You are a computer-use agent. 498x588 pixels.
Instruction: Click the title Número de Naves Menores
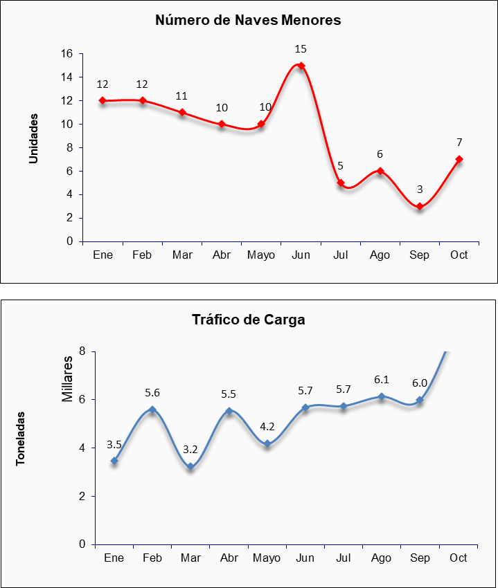pos(248,20)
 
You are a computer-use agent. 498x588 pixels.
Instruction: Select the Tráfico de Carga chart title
pos(248,320)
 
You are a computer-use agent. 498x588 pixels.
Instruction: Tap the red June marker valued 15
pos(301,66)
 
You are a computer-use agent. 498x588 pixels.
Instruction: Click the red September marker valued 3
pos(420,206)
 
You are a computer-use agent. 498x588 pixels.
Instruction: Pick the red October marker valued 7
pos(459,159)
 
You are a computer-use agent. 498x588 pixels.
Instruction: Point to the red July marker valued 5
pos(341,183)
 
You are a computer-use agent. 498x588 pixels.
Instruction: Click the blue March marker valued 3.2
pos(190,467)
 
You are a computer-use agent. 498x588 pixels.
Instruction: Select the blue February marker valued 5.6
pos(152,410)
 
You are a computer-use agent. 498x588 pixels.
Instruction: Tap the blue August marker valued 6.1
pos(382,396)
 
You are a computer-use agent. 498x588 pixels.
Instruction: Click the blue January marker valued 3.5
pos(114,461)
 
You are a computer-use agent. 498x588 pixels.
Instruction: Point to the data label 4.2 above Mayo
pos(267,426)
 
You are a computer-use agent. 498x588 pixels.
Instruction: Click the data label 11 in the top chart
pos(182,96)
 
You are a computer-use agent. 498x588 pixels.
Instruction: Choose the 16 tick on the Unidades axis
pos(67,54)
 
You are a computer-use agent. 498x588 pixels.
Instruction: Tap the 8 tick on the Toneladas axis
pos(82,351)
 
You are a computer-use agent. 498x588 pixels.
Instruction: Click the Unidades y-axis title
pos(33,138)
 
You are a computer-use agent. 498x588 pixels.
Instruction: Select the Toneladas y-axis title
pos(21,439)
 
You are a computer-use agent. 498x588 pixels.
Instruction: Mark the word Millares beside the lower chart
pos(67,379)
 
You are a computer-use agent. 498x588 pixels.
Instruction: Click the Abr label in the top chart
pos(222,255)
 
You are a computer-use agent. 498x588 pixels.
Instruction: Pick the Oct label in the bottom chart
pos(458,558)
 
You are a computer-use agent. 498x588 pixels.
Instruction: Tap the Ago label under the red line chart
pos(380,255)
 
